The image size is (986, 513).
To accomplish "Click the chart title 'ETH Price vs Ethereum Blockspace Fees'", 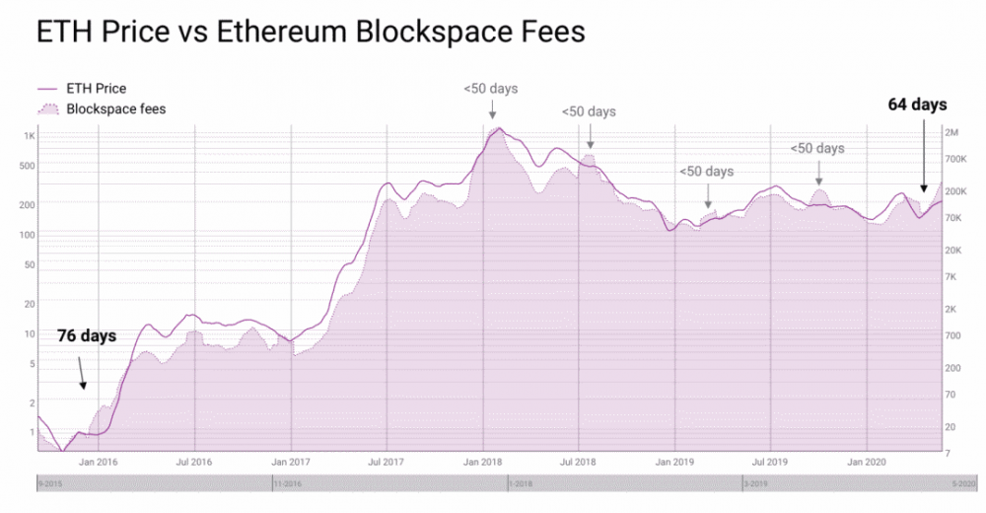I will pyautogui.click(x=311, y=32).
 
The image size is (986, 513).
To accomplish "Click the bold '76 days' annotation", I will pyautogui.click(x=86, y=336).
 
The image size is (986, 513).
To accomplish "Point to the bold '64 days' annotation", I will pyautogui.click(x=917, y=105).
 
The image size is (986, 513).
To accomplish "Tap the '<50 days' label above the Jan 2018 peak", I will pyautogui.click(x=490, y=89).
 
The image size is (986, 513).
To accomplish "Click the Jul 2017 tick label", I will pyautogui.click(x=387, y=461).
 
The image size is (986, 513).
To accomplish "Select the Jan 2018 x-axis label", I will pyautogui.click(x=484, y=461).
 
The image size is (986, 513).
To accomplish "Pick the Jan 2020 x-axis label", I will pyautogui.click(x=865, y=461).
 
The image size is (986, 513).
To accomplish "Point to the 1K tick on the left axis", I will pyautogui.click(x=30, y=135).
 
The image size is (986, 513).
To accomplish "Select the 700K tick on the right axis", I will pyautogui.click(x=956, y=158).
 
